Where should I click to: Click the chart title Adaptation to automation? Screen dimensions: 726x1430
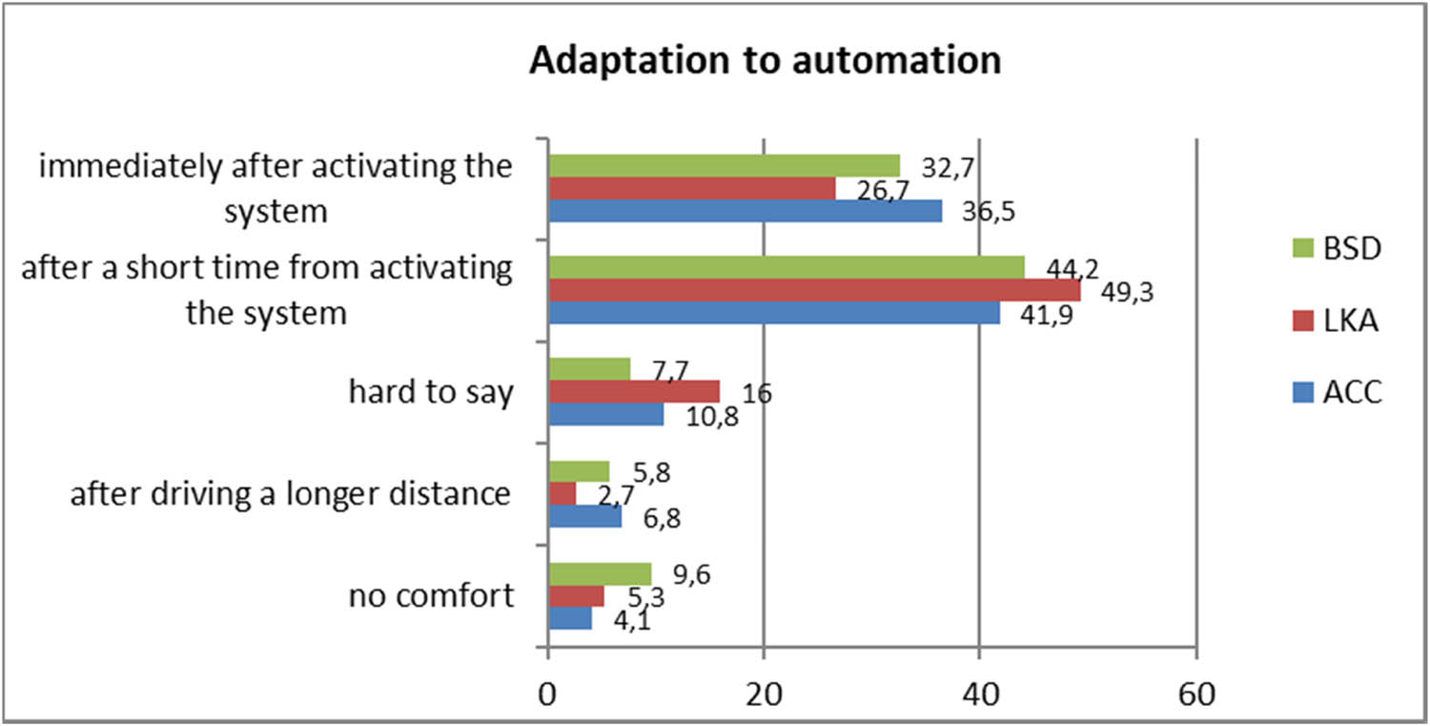pyautogui.click(x=765, y=60)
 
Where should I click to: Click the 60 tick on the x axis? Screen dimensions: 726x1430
pyautogui.click(x=1195, y=695)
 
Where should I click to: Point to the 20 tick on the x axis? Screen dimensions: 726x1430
pyautogui.click(x=763, y=695)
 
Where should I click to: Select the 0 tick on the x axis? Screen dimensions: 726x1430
pyautogui.click(x=548, y=695)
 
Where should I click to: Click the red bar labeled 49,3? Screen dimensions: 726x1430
pyautogui.click(x=814, y=290)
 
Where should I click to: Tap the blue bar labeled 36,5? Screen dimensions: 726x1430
pyautogui.click(x=745, y=211)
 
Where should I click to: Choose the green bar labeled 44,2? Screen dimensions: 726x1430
pyautogui.click(x=786, y=267)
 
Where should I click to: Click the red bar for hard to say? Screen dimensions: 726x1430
pyautogui.click(x=634, y=392)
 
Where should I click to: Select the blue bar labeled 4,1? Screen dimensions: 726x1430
pyautogui.click(x=570, y=618)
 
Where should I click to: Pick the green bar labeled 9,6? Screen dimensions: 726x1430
pyautogui.click(x=600, y=573)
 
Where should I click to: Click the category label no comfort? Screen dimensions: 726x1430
pyautogui.click(x=431, y=596)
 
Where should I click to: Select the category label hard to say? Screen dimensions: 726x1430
pyautogui.click(x=431, y=392)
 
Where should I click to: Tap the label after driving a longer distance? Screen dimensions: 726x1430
pyautogui.click(x=291, y=494)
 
